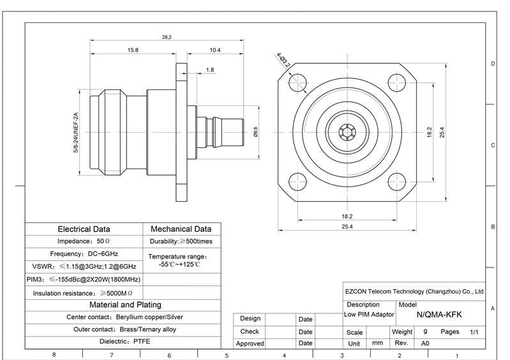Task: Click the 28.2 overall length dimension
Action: pos(167,37)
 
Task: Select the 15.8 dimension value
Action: pos(133,50)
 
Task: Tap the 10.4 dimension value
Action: pos(215,50)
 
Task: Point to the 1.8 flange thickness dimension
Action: pos(210,70)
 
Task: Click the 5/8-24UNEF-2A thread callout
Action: pos(76,132)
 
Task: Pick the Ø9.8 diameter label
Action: pos(255,132)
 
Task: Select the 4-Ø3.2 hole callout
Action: pos(283,61)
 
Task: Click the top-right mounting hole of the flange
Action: pos(397,82)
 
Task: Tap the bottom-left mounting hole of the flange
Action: pos(297,181)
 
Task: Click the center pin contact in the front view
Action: pos(347,132)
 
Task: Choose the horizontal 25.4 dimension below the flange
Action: pos(347,227)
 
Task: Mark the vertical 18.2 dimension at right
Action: pos(430,132)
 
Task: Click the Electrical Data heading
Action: pos(84,229)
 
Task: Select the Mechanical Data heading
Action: pos(181,229)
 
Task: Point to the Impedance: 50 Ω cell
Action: pos(84,241)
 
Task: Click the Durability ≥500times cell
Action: pos(181,241)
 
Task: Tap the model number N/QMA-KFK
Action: pos(439,315)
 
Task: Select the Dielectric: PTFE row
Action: pos(125,341)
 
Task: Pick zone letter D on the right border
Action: pos(493,64)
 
